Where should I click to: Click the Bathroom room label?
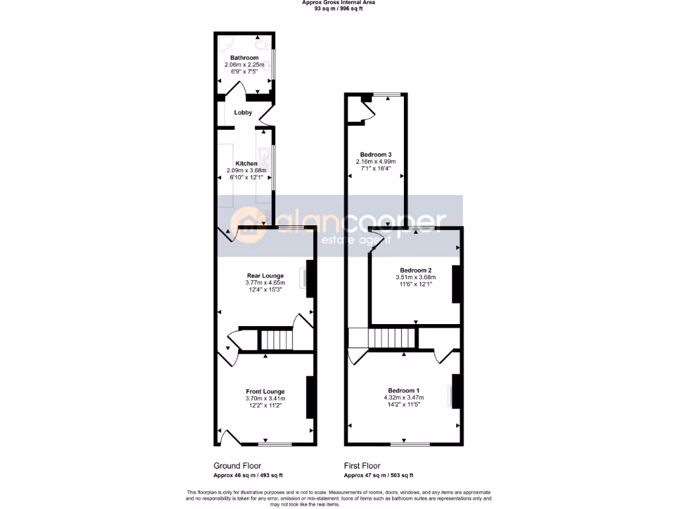[244, 58]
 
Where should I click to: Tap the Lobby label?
[243, 113]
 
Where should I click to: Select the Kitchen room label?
[246, 163]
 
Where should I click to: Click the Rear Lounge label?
[265, 276]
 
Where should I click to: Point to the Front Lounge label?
[265, 392]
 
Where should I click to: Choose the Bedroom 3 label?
[376, 154]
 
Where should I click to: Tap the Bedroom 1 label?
[404, 390]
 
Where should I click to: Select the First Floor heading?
[362, 466]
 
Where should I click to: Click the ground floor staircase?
[275, 340]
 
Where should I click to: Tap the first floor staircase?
[393, 339]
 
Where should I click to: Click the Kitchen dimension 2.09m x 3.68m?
[246, 170]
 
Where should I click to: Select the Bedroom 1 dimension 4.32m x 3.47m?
[404, 398]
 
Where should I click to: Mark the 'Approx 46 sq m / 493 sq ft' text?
[248, 475]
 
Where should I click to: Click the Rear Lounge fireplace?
[304, 278]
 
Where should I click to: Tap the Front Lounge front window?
[274, 443]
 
